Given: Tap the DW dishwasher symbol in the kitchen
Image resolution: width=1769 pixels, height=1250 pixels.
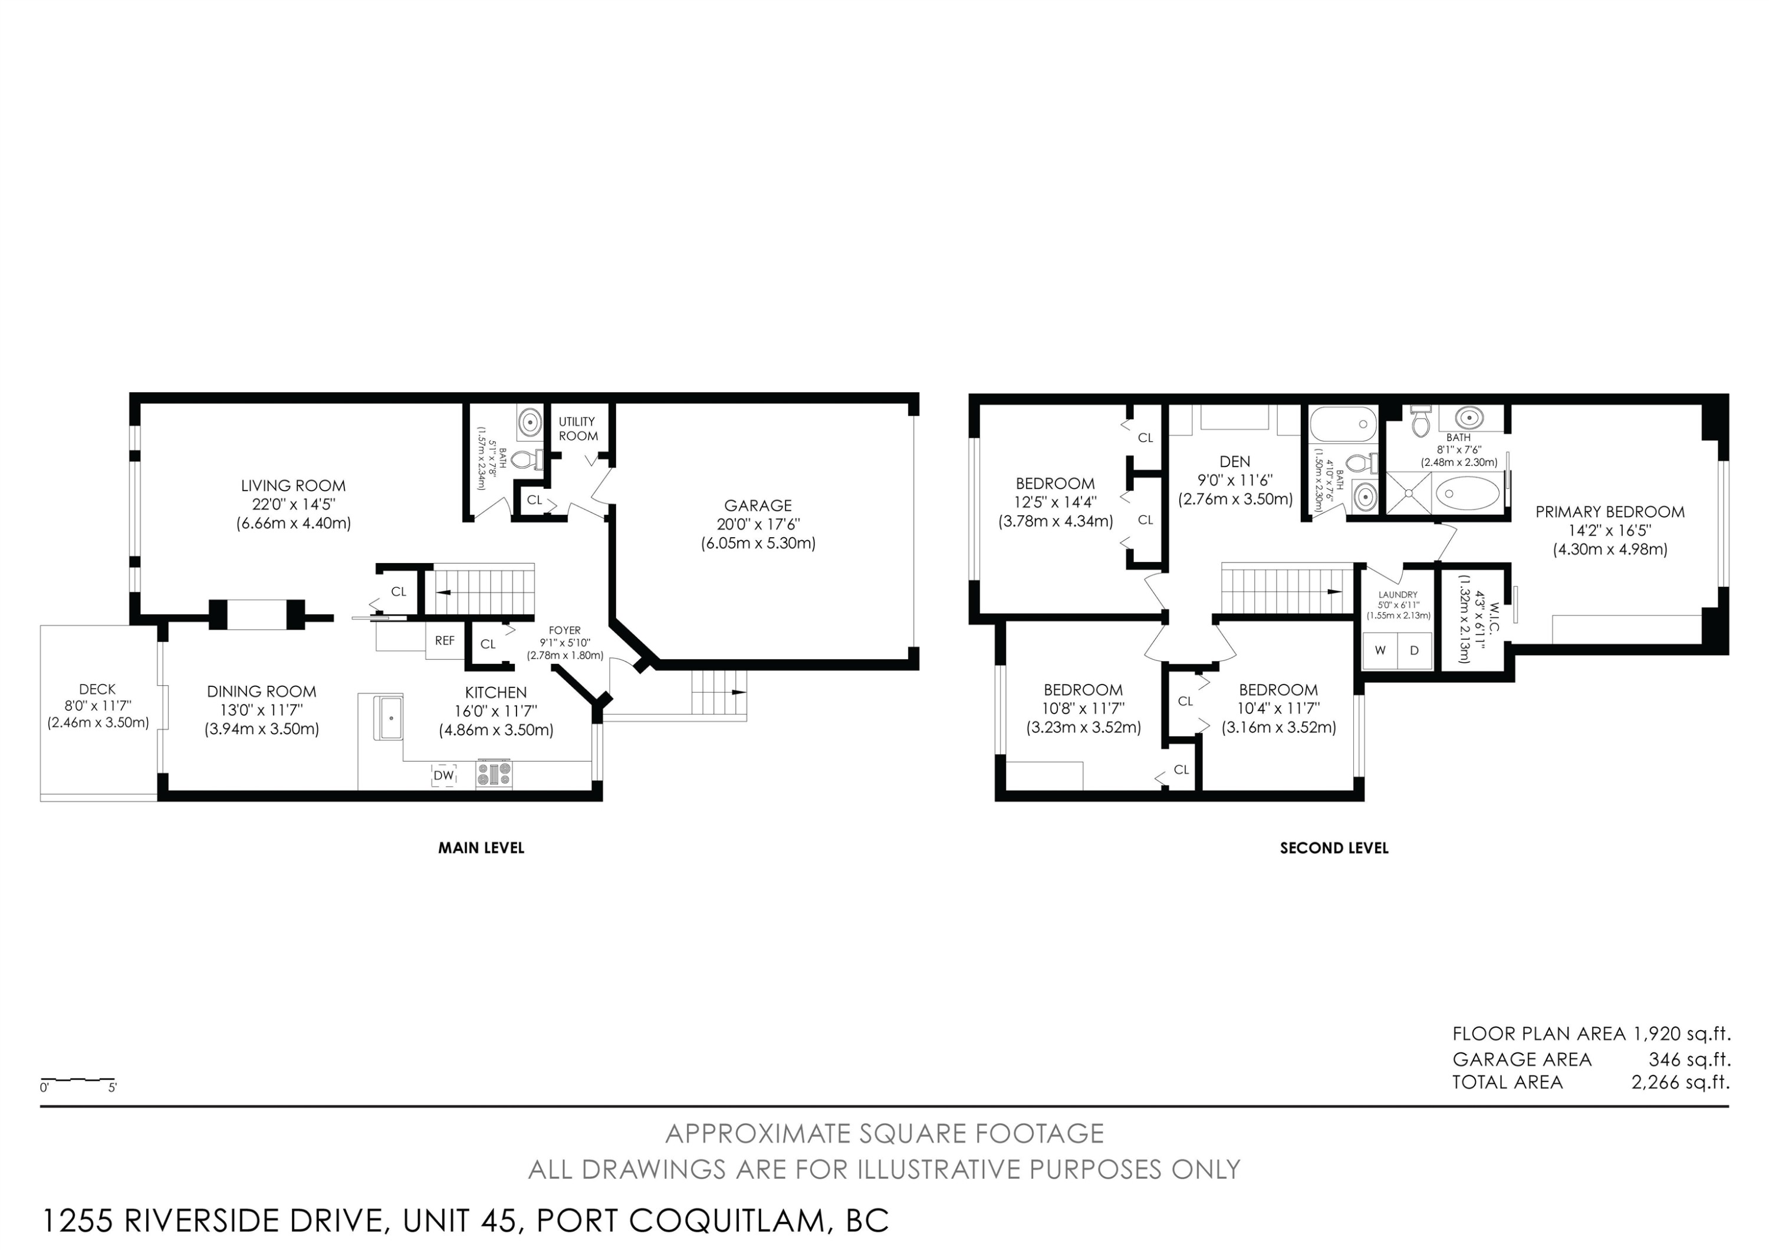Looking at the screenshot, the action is (444, 775).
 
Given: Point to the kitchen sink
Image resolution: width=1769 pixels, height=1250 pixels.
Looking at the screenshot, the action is (390, 718).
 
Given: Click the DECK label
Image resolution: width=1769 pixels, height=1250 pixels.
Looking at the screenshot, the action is (97, 689).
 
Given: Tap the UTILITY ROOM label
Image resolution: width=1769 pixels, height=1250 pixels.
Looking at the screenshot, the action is (578, 428).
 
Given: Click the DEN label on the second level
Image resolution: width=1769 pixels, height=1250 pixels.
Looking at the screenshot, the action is (1235, 461).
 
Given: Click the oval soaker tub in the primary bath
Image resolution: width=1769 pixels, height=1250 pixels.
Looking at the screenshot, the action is (1468, 492).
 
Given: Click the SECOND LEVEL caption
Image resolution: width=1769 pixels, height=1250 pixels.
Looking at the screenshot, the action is (1334, 848).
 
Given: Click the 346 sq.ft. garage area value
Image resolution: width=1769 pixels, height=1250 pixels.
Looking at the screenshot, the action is (1689, 1059).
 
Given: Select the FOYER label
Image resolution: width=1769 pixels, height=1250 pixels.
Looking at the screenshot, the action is (565, 630).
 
